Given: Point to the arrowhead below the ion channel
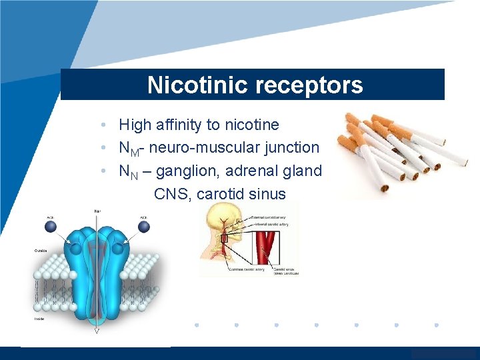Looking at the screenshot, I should coord(97,330).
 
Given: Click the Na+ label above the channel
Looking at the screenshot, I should coord(97,211).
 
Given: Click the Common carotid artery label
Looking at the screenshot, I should coord(244,269).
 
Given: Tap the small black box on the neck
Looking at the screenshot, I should coord(225,239).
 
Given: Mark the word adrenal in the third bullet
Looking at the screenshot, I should coord(250,171).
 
